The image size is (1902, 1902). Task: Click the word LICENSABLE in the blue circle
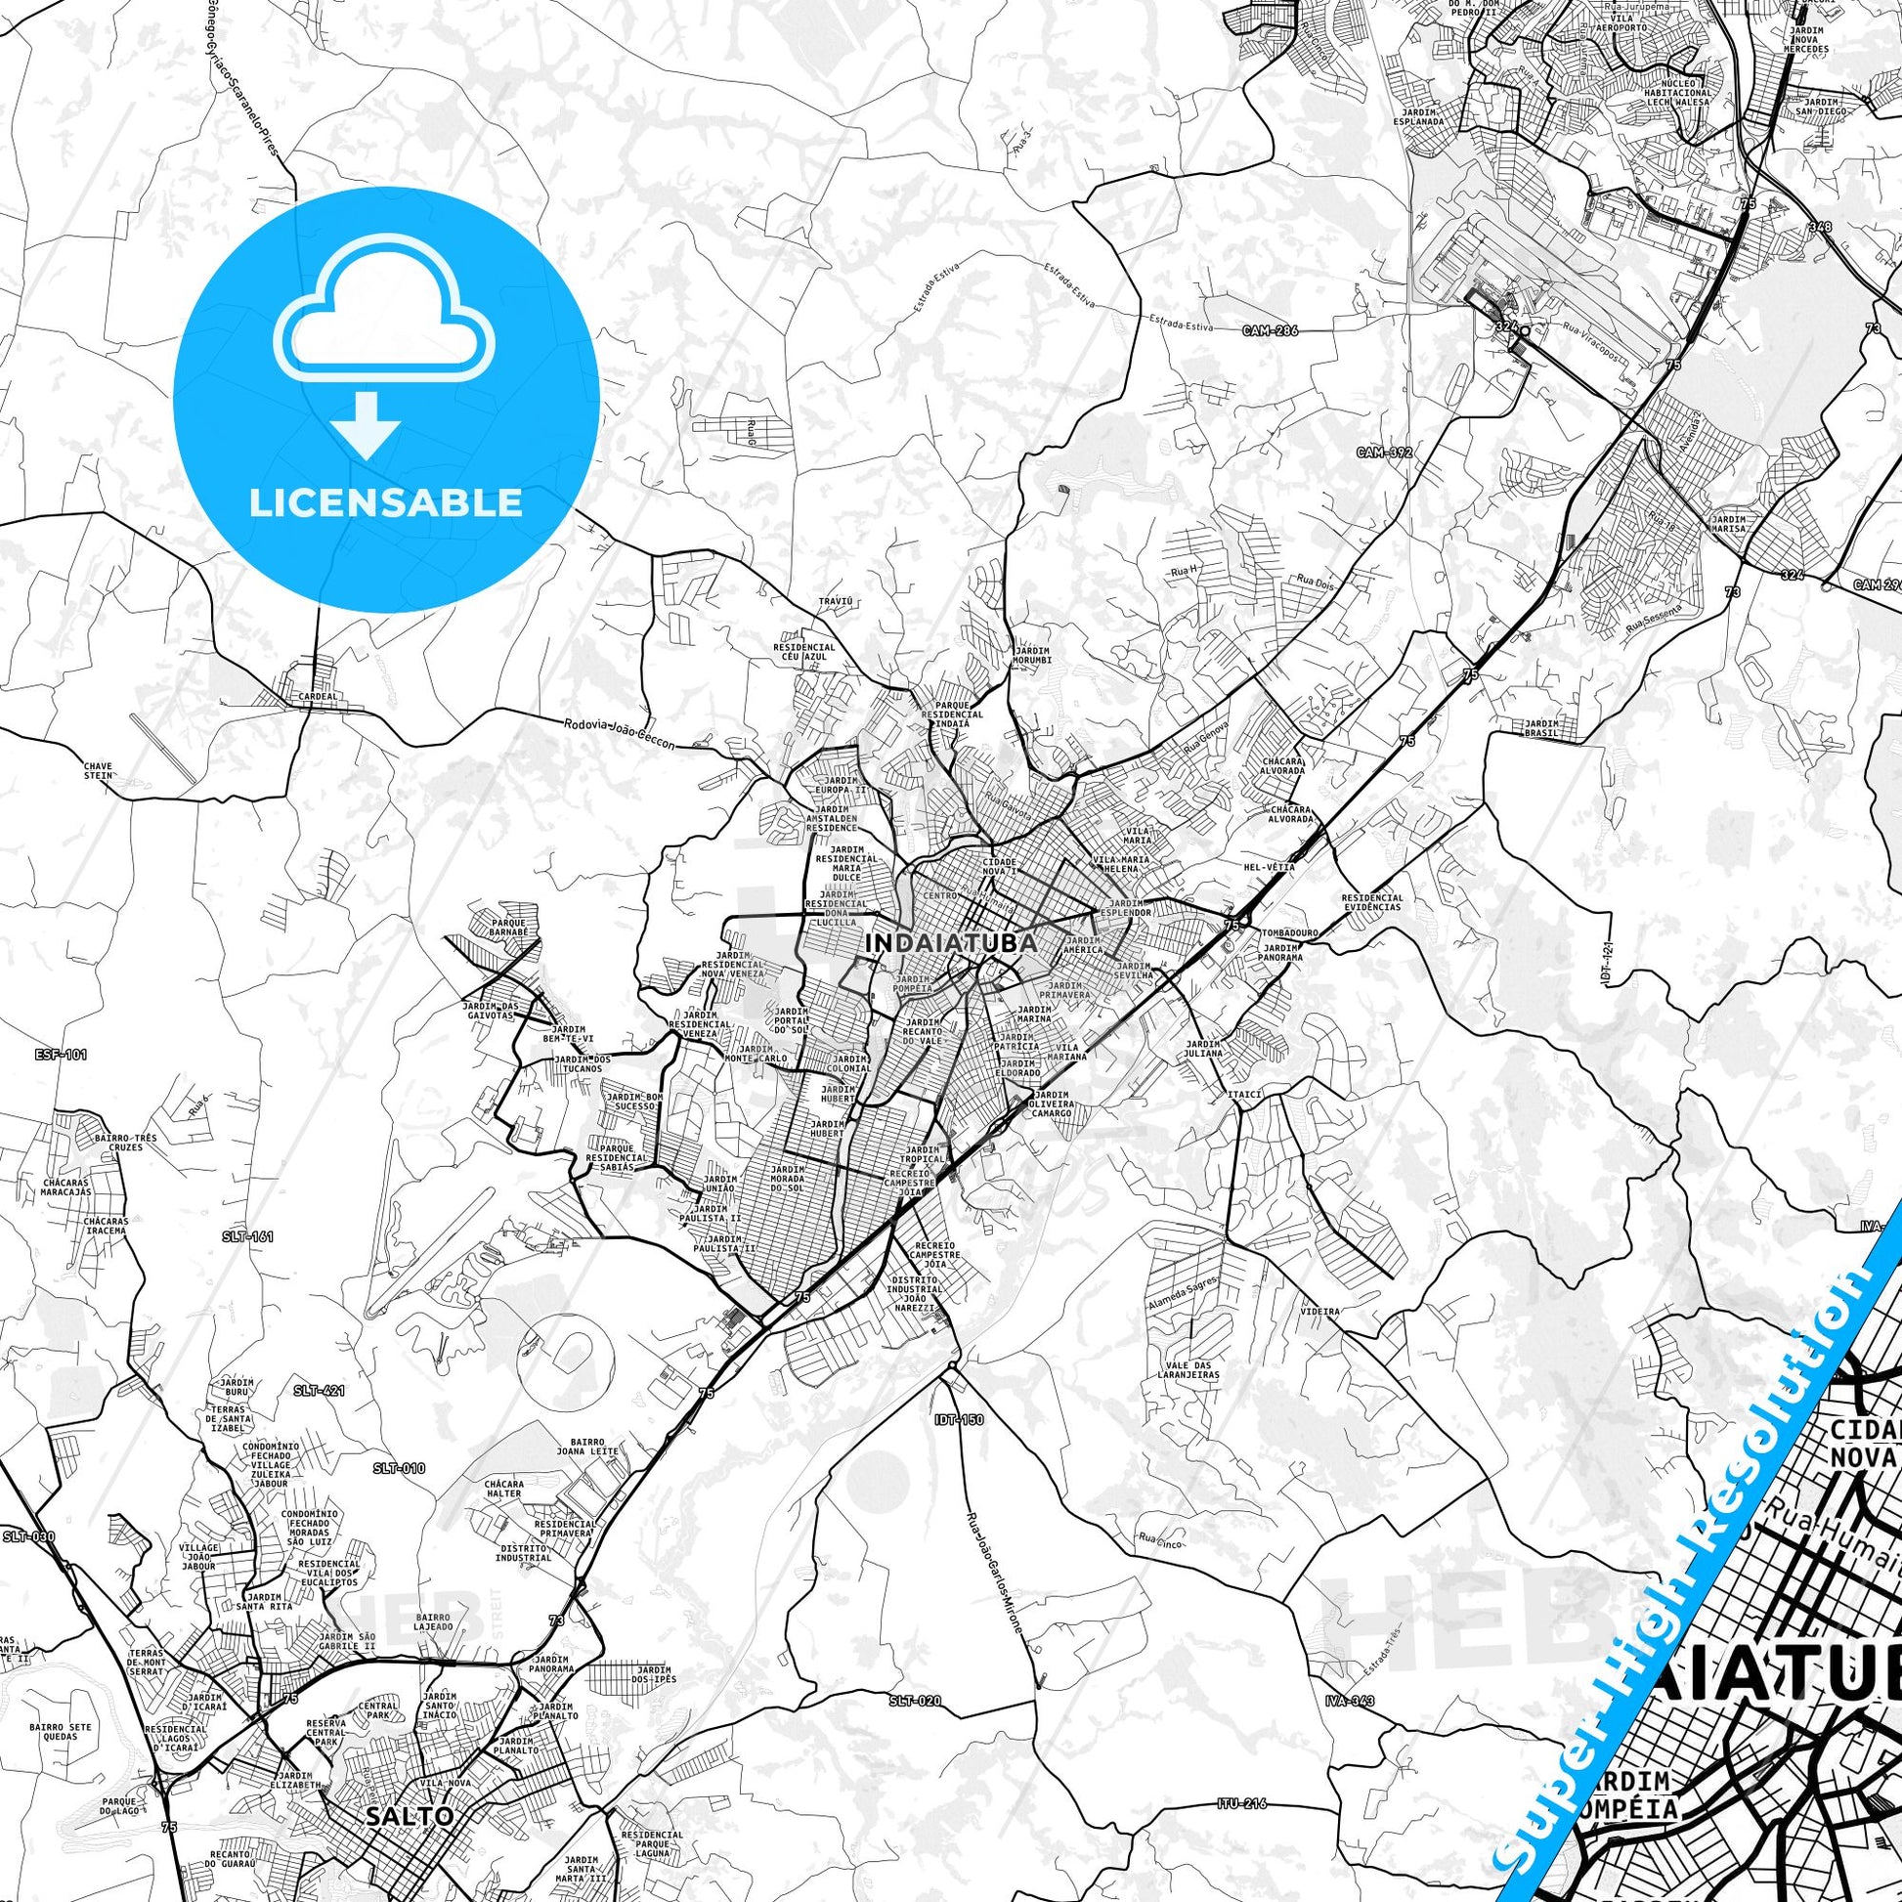pos(385,502)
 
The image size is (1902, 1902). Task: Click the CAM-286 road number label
pos(1270,330)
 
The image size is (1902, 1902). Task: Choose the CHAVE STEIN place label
pos(99,770)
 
